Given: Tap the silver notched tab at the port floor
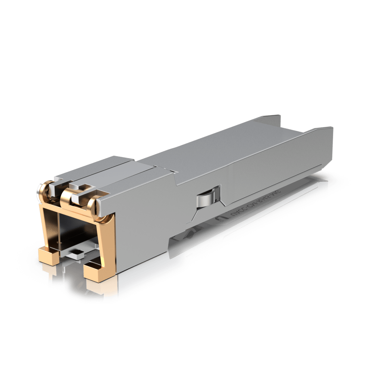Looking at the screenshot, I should click(x=76, y=254).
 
